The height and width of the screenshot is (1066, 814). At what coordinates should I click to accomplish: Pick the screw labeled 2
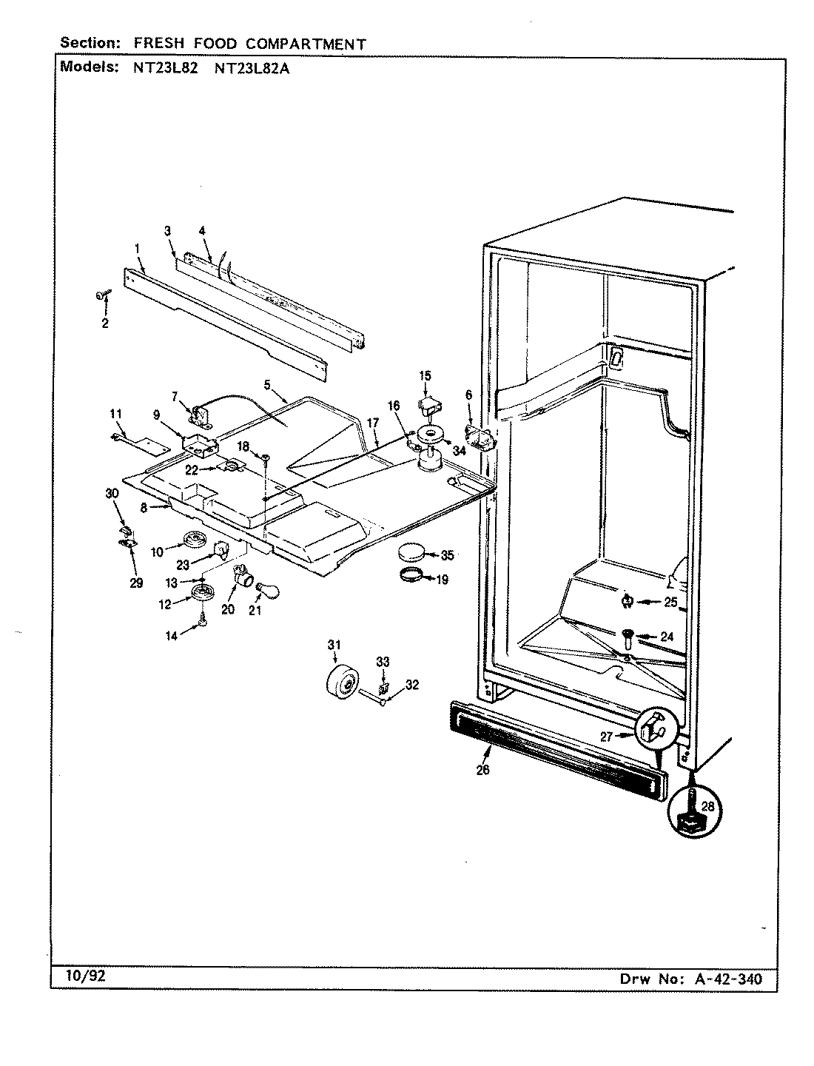point(101,296)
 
